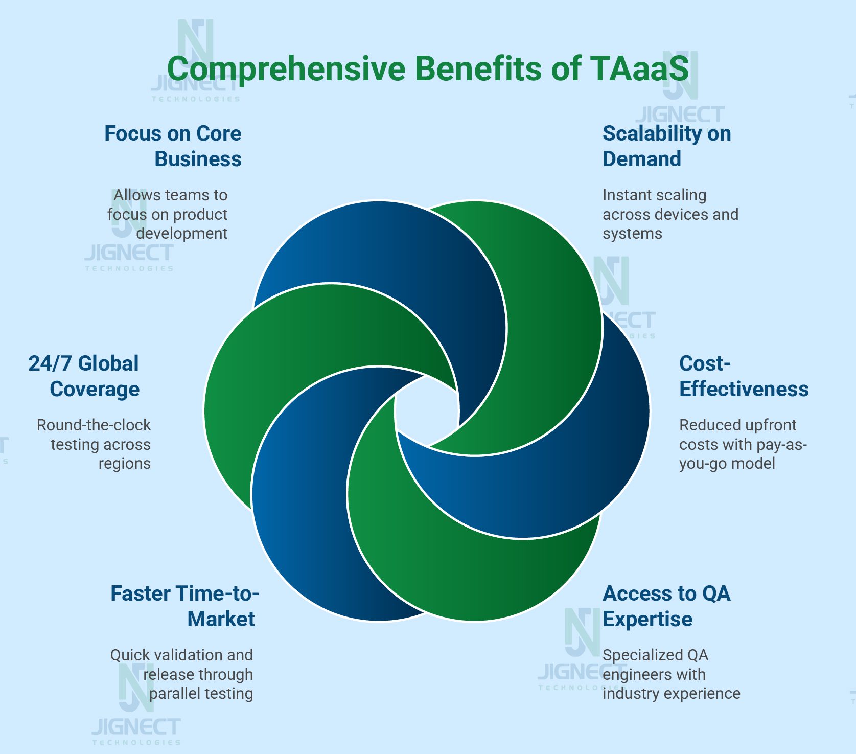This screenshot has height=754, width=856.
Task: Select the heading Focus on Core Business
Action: (173, 146)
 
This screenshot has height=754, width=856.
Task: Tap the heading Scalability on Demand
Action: (666, 146)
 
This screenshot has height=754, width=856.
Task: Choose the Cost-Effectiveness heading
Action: (744, 376)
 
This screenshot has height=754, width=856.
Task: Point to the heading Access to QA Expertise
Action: (666, 606)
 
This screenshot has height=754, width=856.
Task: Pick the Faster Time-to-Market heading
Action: (184, 606)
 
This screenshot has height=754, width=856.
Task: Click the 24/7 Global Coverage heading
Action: (84, 376)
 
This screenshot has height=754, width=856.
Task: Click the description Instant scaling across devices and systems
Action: (670, 214)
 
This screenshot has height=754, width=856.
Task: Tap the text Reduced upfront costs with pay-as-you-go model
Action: (743, 444)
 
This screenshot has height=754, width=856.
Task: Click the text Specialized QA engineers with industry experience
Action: (671, 674)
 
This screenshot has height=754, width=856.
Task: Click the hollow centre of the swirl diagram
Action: (427, 412)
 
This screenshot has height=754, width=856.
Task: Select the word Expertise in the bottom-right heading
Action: (647, 619)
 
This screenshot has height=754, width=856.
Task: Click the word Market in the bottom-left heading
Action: (221, 619)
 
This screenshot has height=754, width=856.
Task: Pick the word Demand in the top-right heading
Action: (642, 159)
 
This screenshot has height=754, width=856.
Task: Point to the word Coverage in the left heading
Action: (95, 389)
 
